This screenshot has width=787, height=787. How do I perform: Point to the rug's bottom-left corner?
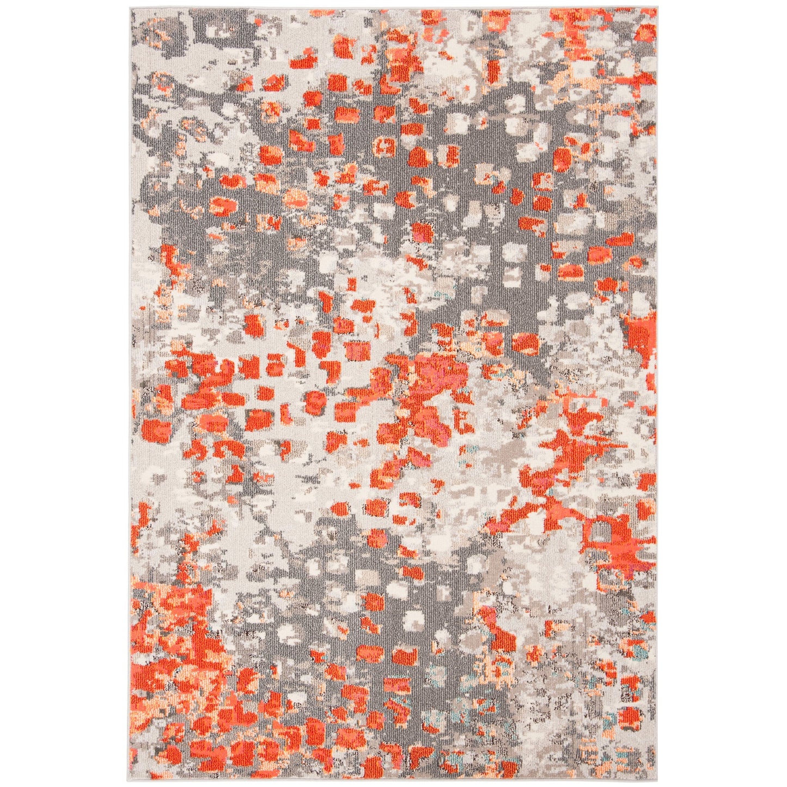point(131,778)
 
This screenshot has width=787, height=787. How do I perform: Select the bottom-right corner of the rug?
point(656,778)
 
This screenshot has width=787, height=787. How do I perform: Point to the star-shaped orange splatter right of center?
point(572,444)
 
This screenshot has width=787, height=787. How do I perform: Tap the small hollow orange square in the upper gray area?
point(386,146)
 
